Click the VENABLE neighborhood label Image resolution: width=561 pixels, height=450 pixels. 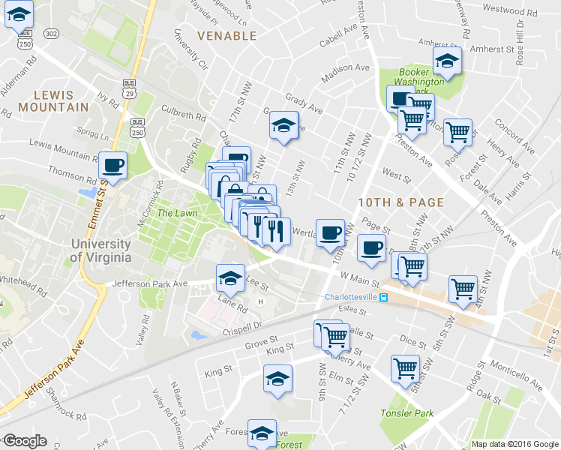226,36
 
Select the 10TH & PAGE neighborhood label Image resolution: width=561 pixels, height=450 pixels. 400,202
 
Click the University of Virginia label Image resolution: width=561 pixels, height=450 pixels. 100,250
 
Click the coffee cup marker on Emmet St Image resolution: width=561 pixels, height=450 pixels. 112,166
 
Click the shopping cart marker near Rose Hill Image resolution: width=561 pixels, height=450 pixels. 457,133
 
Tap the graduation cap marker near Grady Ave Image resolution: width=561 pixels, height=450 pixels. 284,125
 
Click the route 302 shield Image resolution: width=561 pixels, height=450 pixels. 51,34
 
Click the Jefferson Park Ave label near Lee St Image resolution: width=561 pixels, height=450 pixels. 149,284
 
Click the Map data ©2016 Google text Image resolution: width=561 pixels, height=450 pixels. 514,444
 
